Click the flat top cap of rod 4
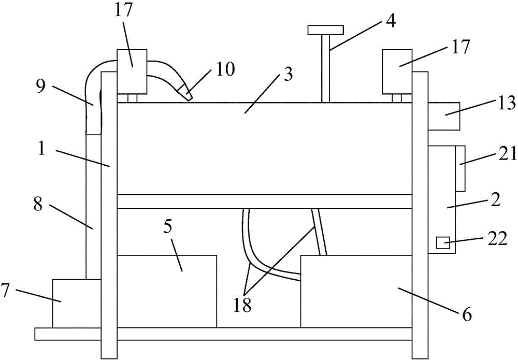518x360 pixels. (325, 30)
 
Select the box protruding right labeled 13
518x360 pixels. (444, 116)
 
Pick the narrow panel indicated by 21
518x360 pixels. (460, 168)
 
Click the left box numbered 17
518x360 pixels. (132, 71)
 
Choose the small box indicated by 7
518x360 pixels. (77, 304)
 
